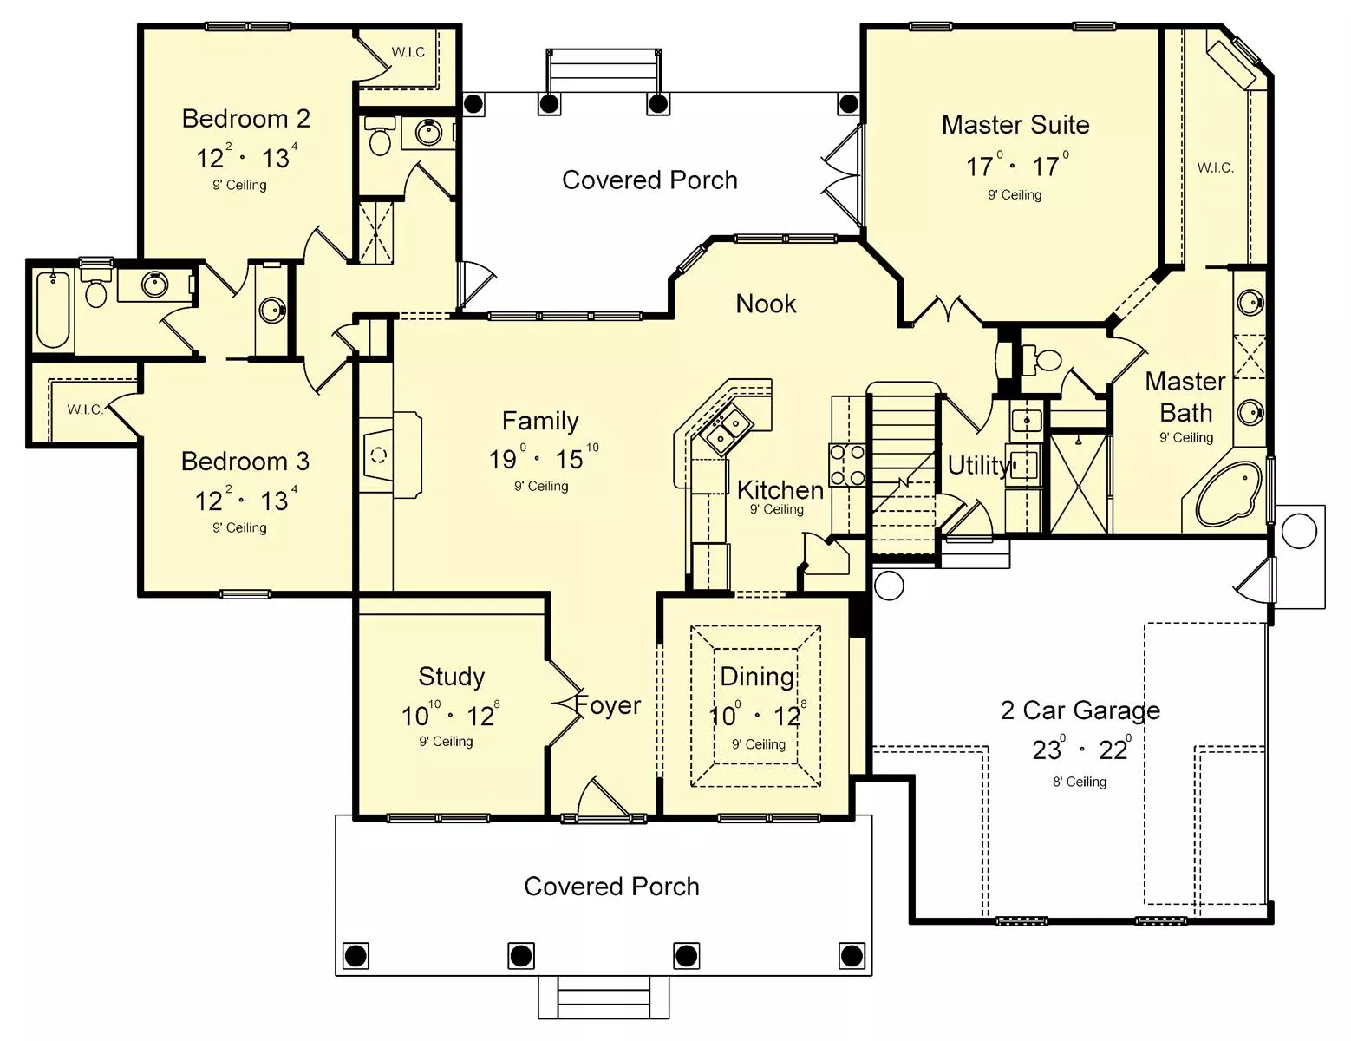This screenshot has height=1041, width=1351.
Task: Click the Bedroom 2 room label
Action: point(245,119)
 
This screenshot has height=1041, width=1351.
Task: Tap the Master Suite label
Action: point(1015,125)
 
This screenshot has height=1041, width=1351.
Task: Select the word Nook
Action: point(766,304)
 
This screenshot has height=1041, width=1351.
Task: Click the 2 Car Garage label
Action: point(1080,710)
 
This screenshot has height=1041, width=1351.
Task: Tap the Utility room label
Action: point(977,465)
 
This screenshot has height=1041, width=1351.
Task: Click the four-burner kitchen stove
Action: point(847,464)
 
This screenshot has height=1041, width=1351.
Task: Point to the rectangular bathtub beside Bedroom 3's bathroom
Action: point(53,309)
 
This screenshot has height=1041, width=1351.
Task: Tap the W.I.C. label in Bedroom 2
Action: point(409,52)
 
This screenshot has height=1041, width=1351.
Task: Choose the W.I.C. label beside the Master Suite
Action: point(1215,168)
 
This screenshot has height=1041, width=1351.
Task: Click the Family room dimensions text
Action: point(544,458)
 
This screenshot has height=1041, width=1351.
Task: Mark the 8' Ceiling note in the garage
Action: point(1080,782)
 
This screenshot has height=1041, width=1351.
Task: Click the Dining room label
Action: point(757,678)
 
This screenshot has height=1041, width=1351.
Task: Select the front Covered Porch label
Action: point(612,887)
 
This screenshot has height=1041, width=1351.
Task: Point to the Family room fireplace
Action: point(390,455)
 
